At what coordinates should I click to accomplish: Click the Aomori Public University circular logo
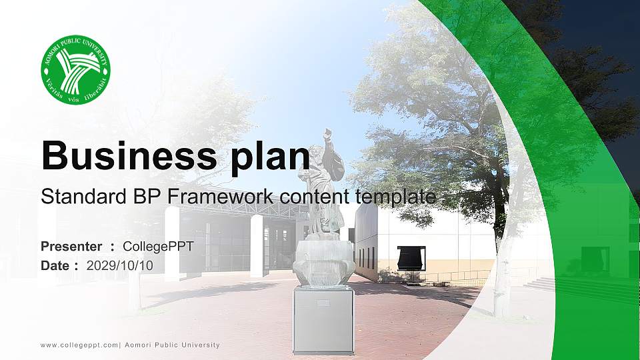coord(75,69)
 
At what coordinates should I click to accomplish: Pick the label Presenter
coord(71,247)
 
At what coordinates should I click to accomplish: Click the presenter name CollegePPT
coord(158,247)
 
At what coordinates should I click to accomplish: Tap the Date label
coord(56,265)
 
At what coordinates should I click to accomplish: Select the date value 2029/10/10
coord(120,265)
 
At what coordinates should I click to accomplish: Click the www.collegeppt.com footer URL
coord(79,345)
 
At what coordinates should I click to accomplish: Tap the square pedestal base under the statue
coord(323,321)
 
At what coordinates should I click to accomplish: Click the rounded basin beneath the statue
coord(323,263)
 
